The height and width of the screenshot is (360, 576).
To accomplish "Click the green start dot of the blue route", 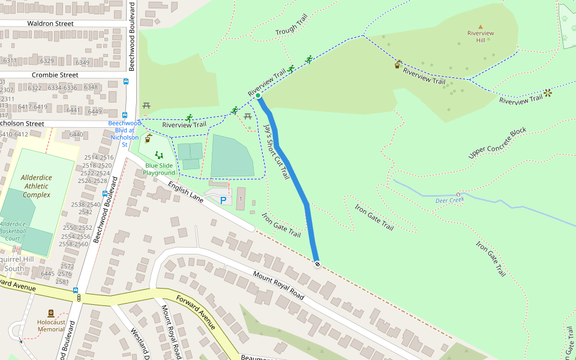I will coord(258,96).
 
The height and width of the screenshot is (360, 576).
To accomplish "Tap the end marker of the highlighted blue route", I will coord(317,264).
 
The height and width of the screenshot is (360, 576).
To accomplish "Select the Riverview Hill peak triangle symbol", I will coord(480,26).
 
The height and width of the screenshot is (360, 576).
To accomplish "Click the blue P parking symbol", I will coord(223,200).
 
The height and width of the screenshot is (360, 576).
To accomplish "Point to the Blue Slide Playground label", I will coord(159,169).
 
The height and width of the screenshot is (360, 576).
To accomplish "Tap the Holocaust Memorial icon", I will coord(50,313).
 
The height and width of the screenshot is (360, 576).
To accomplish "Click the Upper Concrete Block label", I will coord(497,143).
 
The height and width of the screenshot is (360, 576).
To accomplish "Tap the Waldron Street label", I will coord(50,23).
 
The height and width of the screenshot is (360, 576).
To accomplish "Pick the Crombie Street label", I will coord(53,75).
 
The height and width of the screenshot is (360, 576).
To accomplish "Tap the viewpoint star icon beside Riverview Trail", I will coord(548,93).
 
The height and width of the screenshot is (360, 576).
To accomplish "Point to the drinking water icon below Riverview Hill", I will coord(398,64).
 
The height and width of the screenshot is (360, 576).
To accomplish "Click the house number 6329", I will coord(47,61).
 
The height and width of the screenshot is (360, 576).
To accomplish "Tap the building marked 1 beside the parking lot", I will coord(241,199).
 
